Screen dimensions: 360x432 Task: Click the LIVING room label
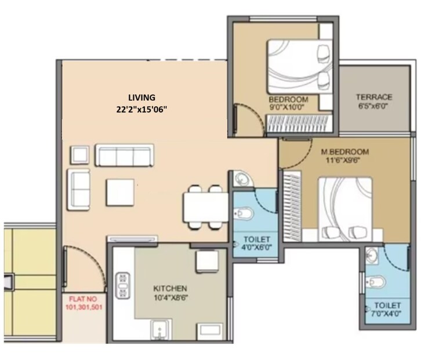[143, 97]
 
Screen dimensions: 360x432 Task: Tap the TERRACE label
[374, 97]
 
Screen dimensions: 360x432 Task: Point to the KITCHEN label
[170, 288]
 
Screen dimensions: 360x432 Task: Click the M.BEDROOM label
[345, 153]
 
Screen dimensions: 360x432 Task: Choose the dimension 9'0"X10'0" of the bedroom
[288, 107]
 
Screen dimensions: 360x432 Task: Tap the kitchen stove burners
[123, 285]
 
